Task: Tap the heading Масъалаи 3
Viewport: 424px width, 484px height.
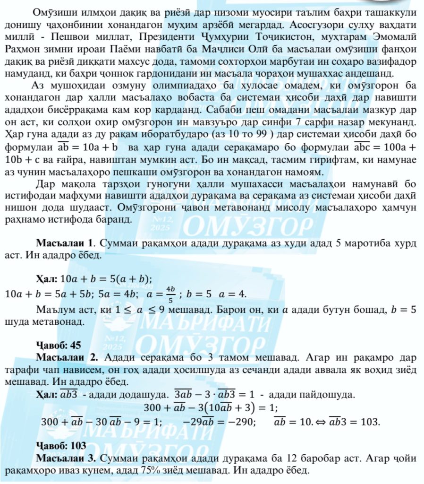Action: (x=66, y=458)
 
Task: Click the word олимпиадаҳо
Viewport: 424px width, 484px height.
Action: (x=175, y=85)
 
